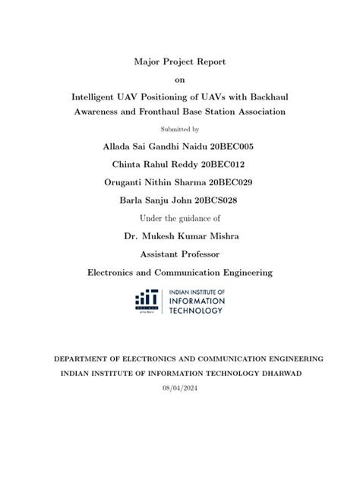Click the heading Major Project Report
179,62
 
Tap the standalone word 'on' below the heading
179,80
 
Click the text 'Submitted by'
179,128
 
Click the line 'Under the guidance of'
179,218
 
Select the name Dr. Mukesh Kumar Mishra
179,235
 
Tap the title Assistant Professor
179,254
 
